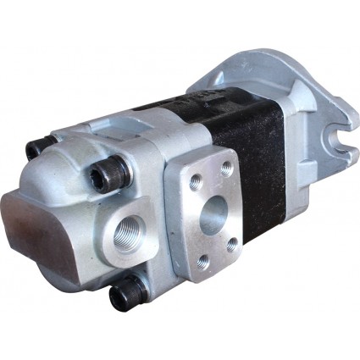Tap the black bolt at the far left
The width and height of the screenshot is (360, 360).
coord(36,150)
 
